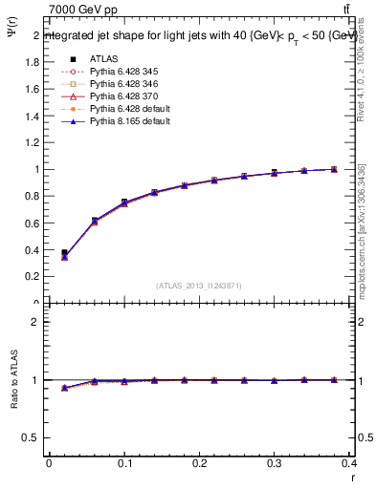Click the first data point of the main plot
pos(64,254)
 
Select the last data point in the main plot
pos(334,169)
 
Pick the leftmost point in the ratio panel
pos(64,388)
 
